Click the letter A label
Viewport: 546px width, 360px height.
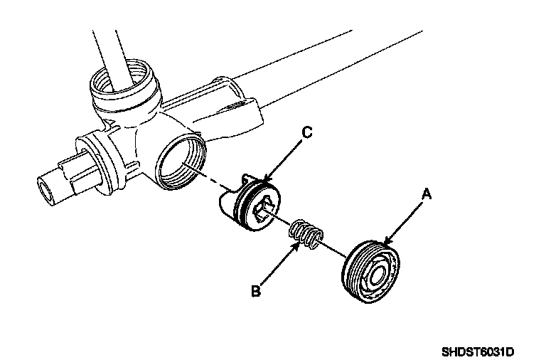(x=427, y=193)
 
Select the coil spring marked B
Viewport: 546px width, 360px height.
(x=306, y=234)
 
